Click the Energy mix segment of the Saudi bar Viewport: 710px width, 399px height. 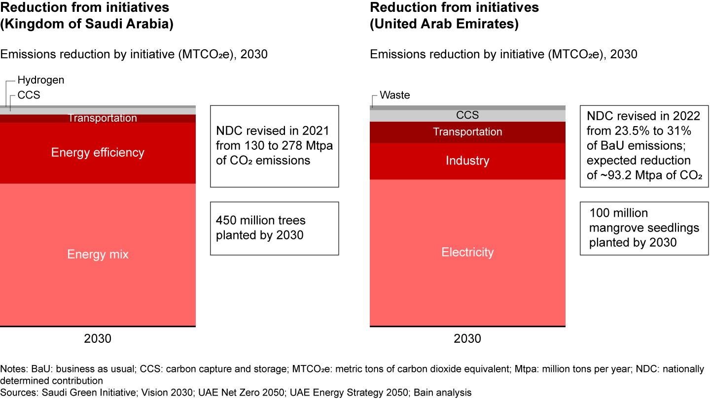tap(98, 254)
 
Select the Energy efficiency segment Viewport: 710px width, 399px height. tap(98, 153)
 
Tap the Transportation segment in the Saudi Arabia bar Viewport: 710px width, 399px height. tap(102, 118)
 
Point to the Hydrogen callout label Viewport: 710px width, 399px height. tap(41, 80)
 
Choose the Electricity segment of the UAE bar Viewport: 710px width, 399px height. tap(467, 252)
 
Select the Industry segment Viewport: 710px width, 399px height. tap(467, 161)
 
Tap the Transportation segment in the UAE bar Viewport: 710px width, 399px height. tap(467, 132)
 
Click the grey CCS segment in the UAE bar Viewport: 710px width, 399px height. tap(467, 115)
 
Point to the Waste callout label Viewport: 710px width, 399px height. tap(395, 95)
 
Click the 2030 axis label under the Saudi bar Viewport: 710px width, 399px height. tap(98, 339)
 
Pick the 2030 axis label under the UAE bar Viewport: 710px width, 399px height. tap(467, 339)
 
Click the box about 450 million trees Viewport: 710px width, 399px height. tap(274, 228)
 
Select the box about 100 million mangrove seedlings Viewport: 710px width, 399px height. tap(644, 228)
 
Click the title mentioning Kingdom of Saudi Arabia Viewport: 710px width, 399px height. tap(87, 24)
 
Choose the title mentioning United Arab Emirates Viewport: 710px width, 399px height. tap(444, 24)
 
